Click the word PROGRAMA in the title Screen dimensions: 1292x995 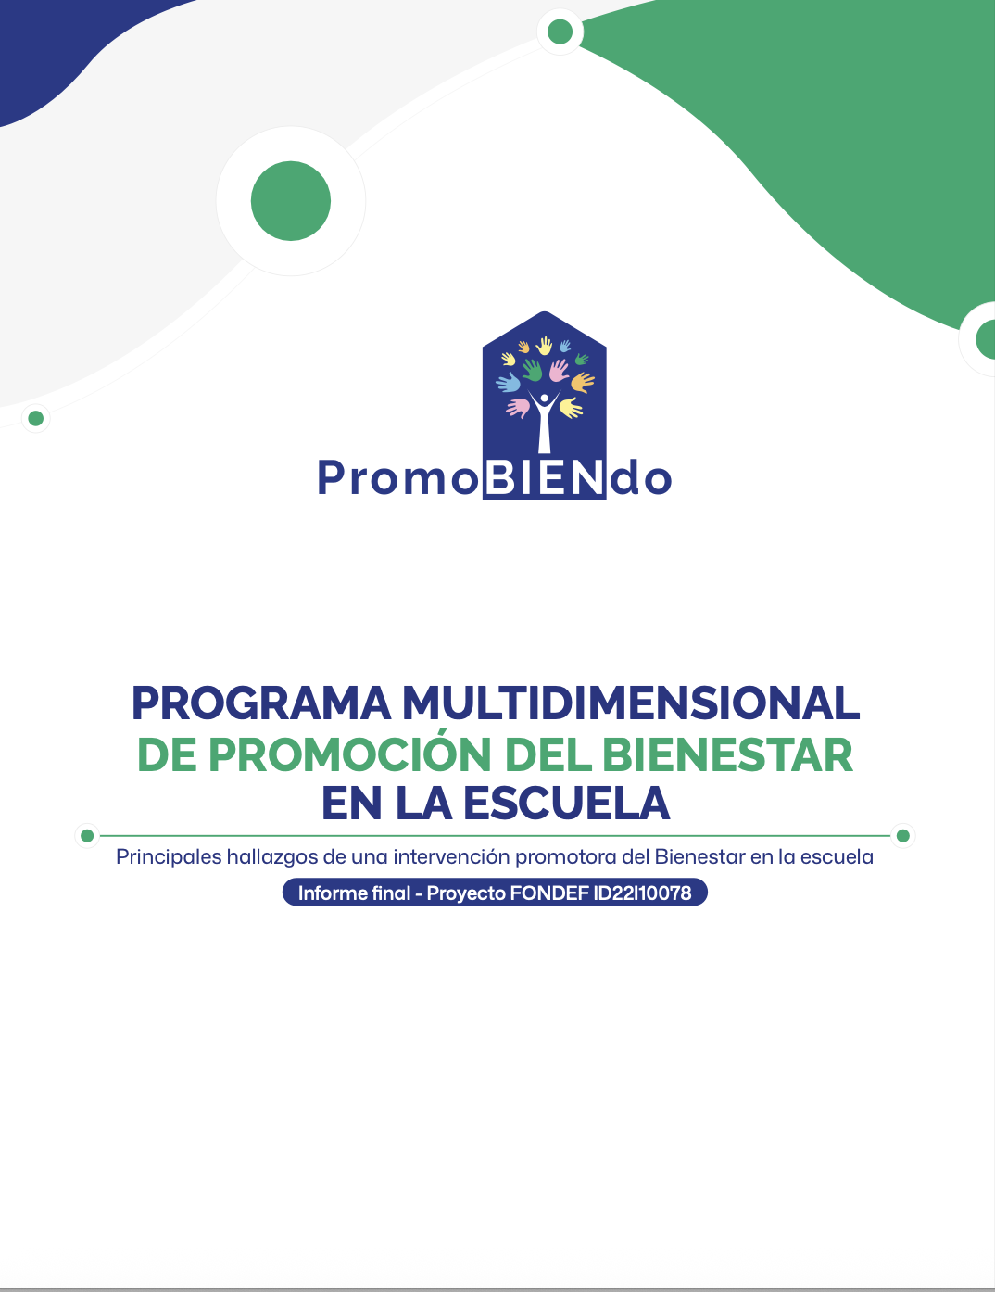261,703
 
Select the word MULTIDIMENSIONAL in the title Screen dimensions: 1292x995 630,703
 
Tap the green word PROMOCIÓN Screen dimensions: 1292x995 349,754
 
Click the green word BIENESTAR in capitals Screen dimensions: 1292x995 727,754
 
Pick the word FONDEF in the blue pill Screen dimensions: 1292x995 548,893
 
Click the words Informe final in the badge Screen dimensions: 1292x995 354,893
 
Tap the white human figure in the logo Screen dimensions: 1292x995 544,422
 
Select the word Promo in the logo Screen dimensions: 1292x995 397,479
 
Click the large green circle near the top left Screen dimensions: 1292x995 291,201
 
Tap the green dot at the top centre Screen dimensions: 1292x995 560,32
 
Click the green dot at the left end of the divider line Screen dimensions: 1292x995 87,836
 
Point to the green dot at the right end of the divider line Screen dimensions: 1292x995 903,836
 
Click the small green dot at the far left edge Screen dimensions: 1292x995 36,419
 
